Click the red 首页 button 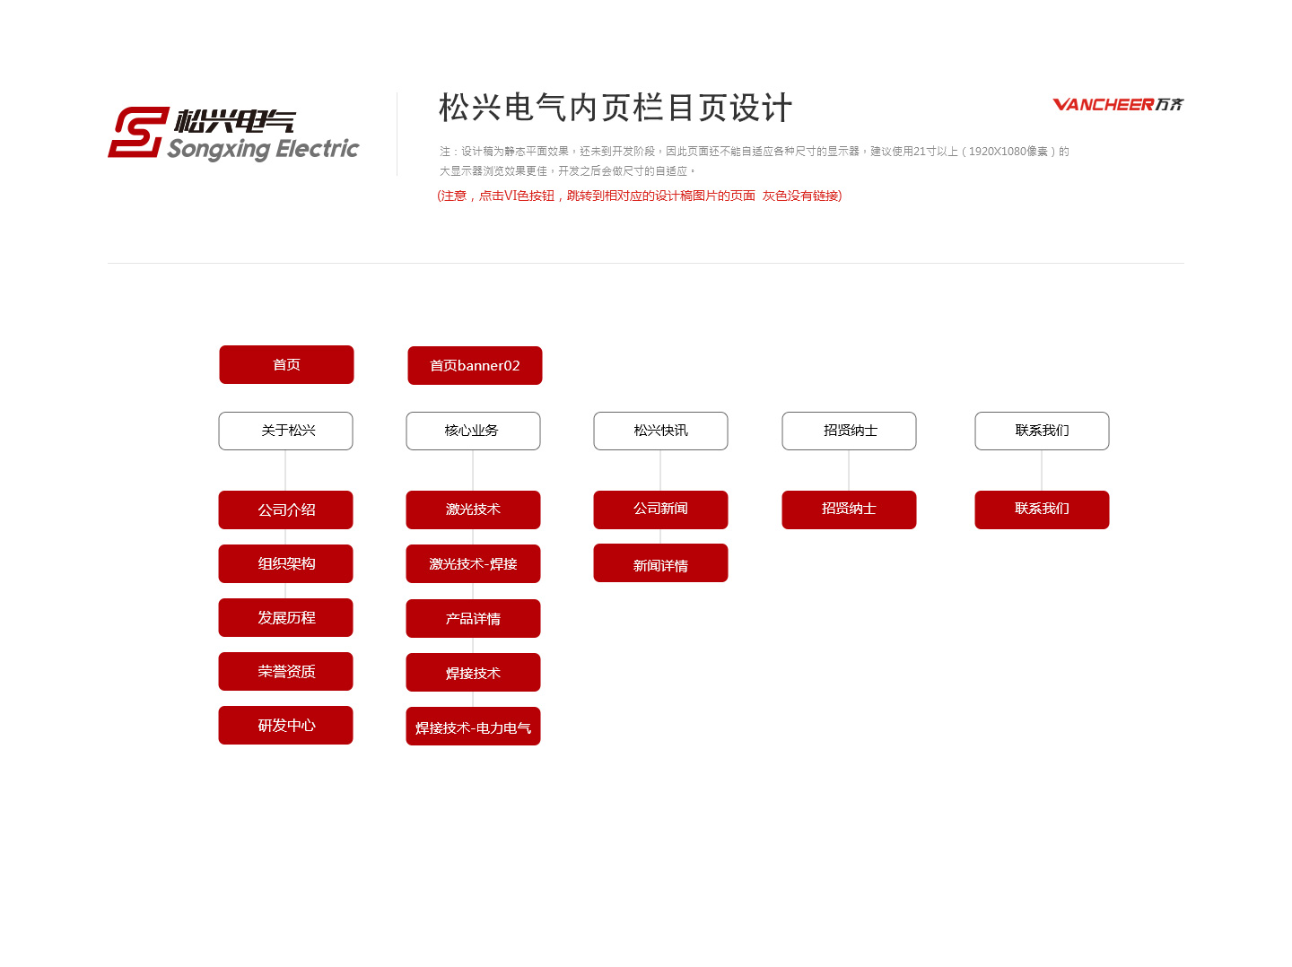[x=286, y=364]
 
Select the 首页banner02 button [x=475, y=365]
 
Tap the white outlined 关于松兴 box [x=285, y=431]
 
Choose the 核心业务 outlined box [x=473, y=431]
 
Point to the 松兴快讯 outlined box [x=660, y=431]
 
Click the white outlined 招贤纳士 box [x=849, y=431]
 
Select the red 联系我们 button [x=1042, y=510]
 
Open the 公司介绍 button [x=285, y=510]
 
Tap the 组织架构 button [x=285, y=563]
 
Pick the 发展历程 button [x=285, y=617]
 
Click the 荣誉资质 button [x=285, y=671]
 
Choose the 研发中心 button [x=285, y=725]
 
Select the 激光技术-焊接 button [x=473, y=563]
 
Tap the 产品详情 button [x=473, y=618]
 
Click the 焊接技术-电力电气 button [x=473, y=726]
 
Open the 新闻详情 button [x=660, y=563]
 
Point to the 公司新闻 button [x=660, y=510]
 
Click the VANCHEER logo [x=1118, y=104]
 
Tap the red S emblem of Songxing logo [x=138, y=132]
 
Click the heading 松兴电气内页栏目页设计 [x=615, y=108]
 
